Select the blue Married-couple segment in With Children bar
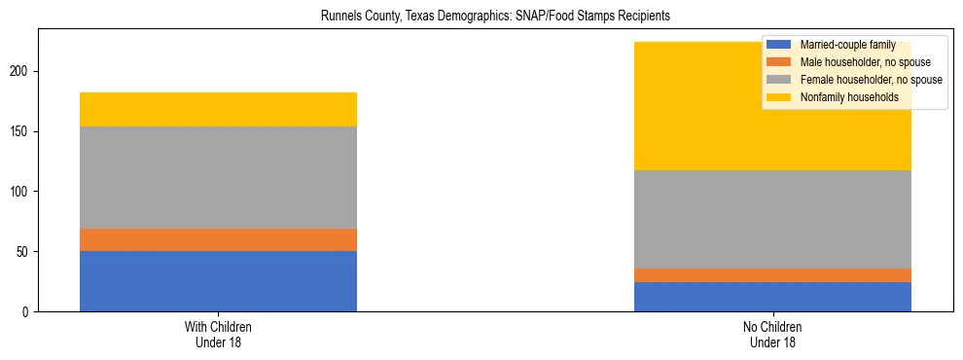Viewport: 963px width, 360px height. point(218,281)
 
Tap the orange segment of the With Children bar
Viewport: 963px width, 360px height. point(218,239)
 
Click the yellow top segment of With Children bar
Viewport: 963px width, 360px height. point(218,109)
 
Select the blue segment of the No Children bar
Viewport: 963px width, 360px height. point(772,297)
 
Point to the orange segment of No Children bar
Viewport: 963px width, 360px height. point(772,275)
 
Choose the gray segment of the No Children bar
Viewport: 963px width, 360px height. point(772,219)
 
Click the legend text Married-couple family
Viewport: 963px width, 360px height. point(847,45)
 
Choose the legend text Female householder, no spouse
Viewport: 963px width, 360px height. point(871,80)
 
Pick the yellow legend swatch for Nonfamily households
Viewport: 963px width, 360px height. point(779,97)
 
